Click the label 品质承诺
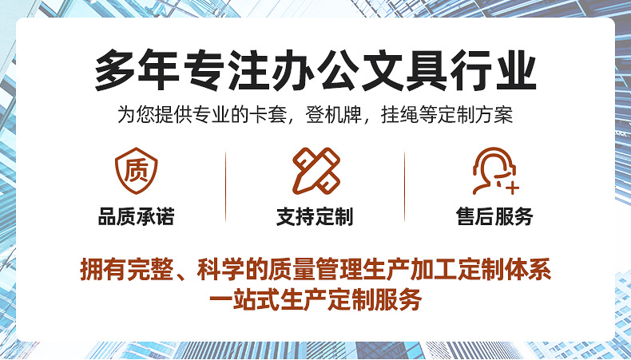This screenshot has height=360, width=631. click(136, 217)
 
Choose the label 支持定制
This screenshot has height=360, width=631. click(315, 217)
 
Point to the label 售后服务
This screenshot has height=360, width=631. click(494, 217)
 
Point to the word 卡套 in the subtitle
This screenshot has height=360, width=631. click(281, 115)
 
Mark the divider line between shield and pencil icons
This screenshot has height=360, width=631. click(226, 185)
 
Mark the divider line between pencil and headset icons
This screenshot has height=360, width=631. click(405, 185)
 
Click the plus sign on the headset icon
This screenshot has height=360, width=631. click(513, 188)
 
